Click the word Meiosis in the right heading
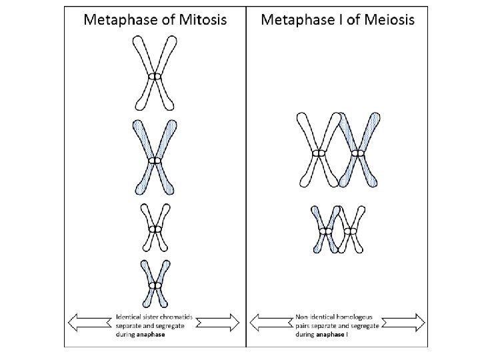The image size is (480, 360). click(x=390, y=19)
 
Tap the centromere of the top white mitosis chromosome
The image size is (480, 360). click(x=155, y=78)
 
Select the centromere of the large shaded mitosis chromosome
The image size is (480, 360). click(x=155, y=160)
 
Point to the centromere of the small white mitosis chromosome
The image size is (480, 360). click(x=155, y=229)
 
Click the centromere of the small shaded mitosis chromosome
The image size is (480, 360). click(x=155, y=286)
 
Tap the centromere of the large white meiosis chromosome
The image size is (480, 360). click(x=319, y=154)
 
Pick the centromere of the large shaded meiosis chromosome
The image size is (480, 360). click(x=359, y=154)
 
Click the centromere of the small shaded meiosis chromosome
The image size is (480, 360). click(x=326, y=231)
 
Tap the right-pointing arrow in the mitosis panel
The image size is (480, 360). click(x=221, y=323)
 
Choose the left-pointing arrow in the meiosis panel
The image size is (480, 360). click(x=269, y=323)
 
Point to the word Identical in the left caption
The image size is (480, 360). click(x=129, y=317)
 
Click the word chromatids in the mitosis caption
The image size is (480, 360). click(x=176, y=317)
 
